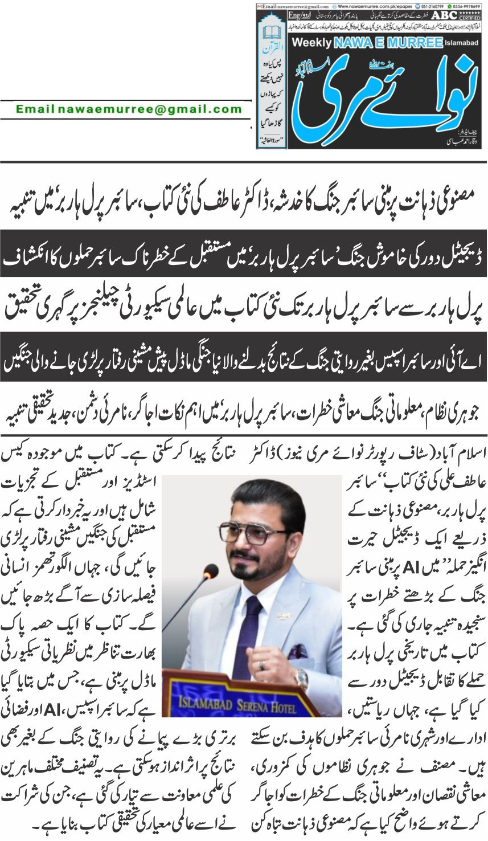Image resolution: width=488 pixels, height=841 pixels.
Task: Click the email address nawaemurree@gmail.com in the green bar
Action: point(129,109)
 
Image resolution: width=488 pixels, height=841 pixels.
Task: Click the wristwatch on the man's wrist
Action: point(301,677)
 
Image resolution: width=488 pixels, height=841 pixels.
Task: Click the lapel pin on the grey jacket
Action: point(280,615)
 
